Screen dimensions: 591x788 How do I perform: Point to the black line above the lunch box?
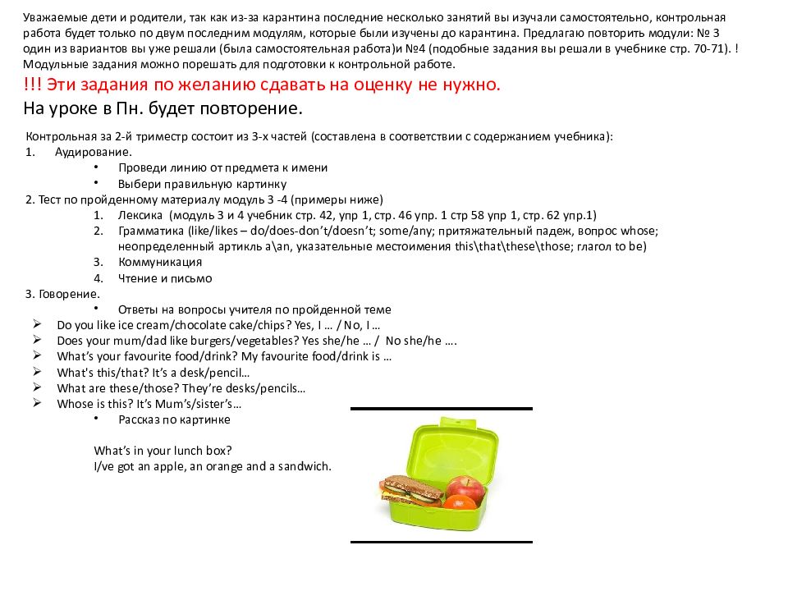pos(441,409)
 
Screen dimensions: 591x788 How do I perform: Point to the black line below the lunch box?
pos(441,542)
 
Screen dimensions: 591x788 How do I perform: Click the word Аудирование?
pos(93,152)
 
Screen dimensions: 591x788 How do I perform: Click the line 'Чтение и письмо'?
pos(164,278)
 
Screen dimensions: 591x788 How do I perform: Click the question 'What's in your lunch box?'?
pos(163,451)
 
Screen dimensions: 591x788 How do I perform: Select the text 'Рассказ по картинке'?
pos(174,419)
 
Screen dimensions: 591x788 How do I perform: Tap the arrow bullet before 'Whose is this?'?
pos(38,404)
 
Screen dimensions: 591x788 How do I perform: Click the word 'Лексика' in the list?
pos(140,215)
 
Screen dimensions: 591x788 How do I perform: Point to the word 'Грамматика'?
pos(151,231)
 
